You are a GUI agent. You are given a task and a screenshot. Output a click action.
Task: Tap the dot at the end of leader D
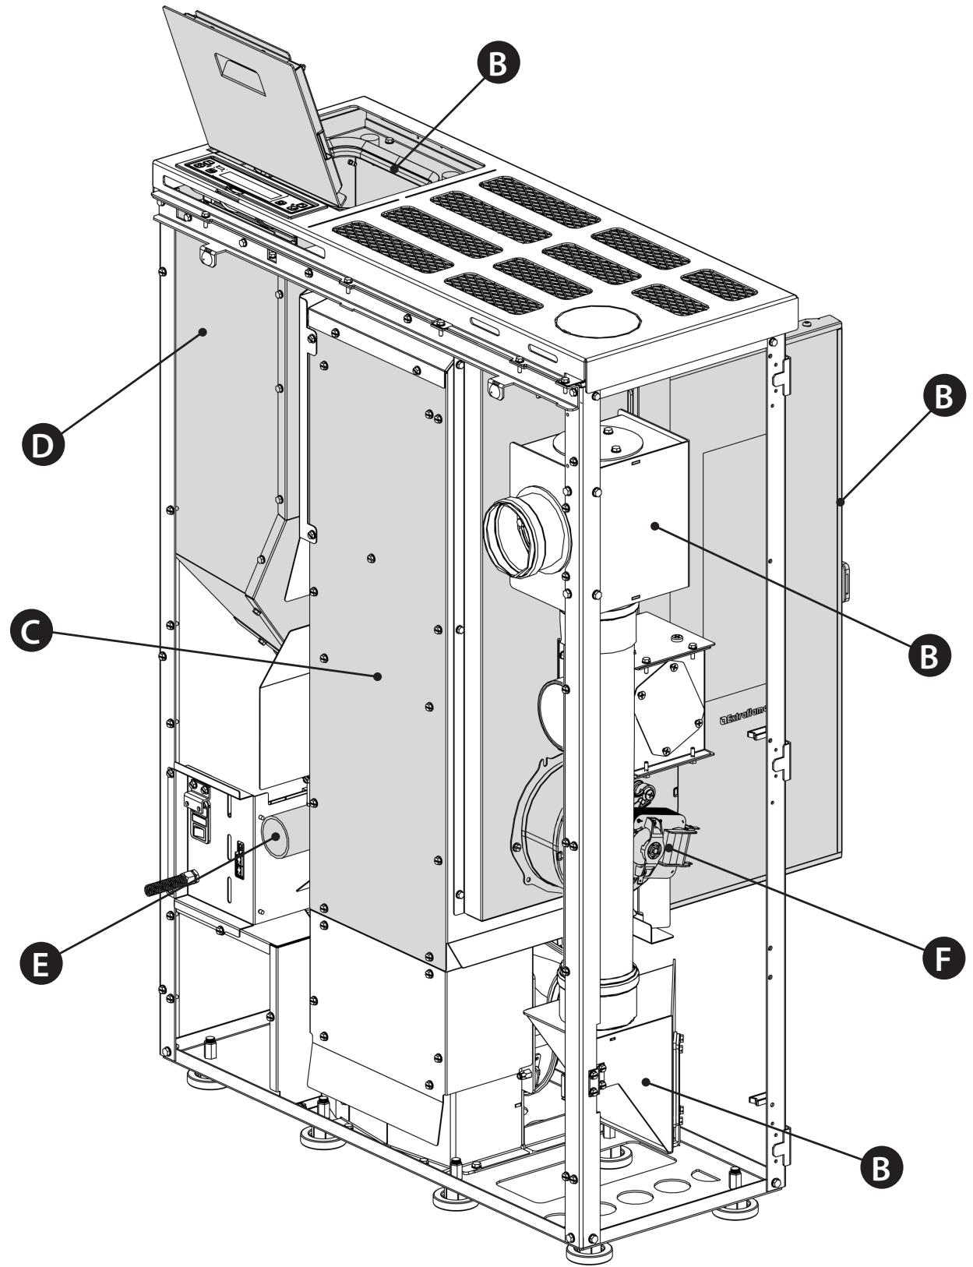coord(203,331)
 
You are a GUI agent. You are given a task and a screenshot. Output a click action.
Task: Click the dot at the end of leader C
coord(378,676)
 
